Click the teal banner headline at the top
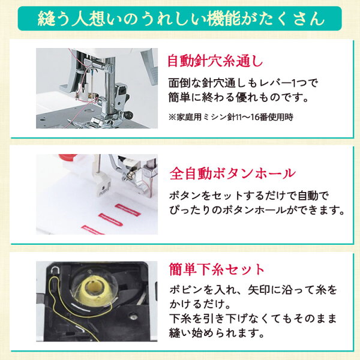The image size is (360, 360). tap(181, 19)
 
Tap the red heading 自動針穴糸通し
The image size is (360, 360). tap(215, 61)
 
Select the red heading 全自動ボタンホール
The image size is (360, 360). tap(232, 173)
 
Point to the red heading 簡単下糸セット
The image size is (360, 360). tap(217, 269)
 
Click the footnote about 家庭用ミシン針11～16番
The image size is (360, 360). tap(231, 117)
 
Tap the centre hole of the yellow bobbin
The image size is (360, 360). tap(93, 286)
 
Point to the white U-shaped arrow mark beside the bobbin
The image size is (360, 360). tap(55, 270)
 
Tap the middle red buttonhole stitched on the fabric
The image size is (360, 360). tap(110, 220)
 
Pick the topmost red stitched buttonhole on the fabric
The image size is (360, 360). tap(127, 210)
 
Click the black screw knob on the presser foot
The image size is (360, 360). tap(128, 114)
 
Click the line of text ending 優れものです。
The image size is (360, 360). tap(238, 97)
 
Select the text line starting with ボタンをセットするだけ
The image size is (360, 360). tap(249, 196)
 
